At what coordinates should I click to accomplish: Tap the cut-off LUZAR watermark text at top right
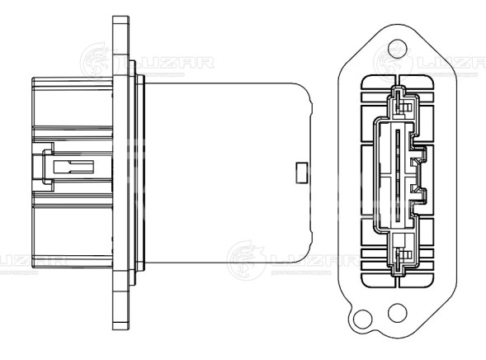tap(452, 62)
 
